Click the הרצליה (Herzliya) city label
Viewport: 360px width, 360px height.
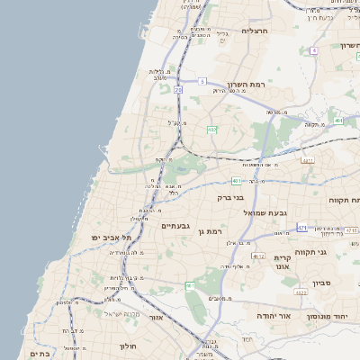coord(255,31)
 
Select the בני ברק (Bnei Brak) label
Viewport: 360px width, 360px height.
coord(231,197)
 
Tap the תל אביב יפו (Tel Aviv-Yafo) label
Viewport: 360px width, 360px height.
coord(112,237)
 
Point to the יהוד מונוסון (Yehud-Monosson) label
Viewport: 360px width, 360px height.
coord(330,317)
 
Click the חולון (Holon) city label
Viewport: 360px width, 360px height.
coord(127,346)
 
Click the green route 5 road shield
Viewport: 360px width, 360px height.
coord(203,81)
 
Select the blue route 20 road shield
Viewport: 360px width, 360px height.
coord(178,90)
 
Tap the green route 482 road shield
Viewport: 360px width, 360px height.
coord(212,130)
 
